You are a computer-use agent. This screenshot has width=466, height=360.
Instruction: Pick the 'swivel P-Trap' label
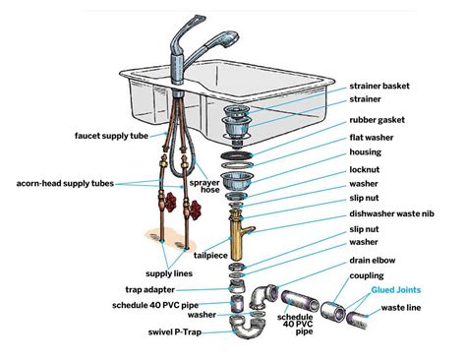(148, 333)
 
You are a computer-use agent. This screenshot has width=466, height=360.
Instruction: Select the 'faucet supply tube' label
(112, 134)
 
